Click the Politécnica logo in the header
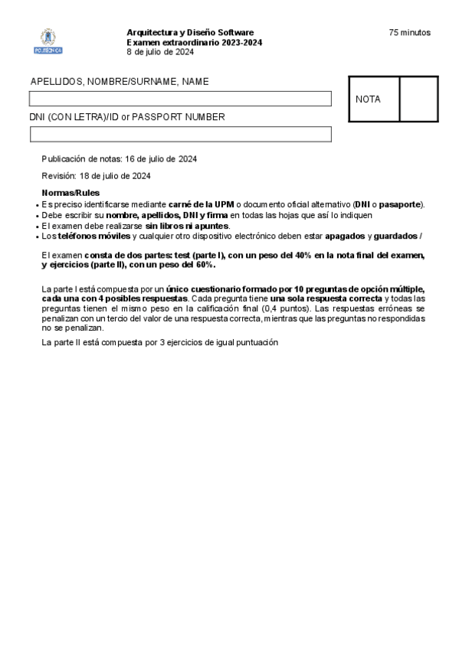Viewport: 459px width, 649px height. click(48, 41)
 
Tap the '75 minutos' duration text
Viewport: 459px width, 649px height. click(409, 32)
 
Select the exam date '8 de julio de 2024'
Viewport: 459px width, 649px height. click(159, 52)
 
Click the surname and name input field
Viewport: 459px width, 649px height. click(180, 99)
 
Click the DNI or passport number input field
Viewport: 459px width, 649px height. click(180, 135)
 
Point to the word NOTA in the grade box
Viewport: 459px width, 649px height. click(368, 99)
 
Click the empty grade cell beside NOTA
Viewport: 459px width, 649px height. click(418, 99)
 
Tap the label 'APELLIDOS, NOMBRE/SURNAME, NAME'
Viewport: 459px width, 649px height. click(120, 82)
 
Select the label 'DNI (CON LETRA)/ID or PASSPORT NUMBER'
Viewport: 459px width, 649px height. click(127, 117)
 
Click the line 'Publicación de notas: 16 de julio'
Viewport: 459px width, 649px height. click(120, 159)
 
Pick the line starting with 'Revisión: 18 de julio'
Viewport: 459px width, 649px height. click(96, 176)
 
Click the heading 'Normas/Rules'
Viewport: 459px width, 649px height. click(70, 193)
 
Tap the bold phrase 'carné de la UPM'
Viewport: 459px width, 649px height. click(202, 204)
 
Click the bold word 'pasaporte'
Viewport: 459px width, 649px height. click(401, 204)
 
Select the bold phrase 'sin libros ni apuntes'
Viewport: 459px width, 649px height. click(187, 226)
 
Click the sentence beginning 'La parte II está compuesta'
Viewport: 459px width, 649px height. click(159, 343)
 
